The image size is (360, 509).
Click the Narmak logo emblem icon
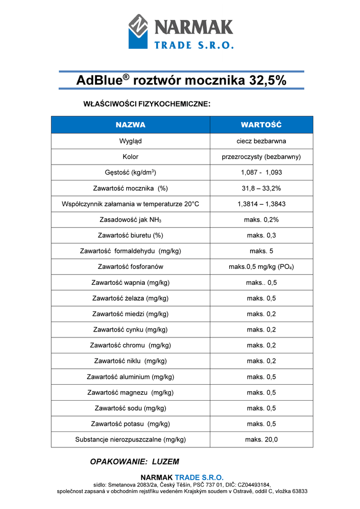138,31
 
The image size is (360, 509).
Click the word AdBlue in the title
99,81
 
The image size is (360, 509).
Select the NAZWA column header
130,125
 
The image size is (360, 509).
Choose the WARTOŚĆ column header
261,125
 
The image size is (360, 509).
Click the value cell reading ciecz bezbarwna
261,141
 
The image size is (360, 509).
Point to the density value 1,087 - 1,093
261,172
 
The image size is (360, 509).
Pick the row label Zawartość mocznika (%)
130,188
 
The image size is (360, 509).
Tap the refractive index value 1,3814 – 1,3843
261,204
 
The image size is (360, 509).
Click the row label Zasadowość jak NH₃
130,220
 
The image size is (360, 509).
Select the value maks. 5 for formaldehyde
261,251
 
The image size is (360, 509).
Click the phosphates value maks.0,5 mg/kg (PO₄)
261,267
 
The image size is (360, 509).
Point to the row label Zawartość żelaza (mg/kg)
130,298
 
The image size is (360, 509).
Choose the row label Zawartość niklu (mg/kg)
130,361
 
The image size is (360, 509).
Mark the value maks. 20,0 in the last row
261,439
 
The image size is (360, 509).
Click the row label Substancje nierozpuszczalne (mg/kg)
130,439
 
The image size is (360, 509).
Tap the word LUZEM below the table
166,462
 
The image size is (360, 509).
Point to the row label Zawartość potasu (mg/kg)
130,424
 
